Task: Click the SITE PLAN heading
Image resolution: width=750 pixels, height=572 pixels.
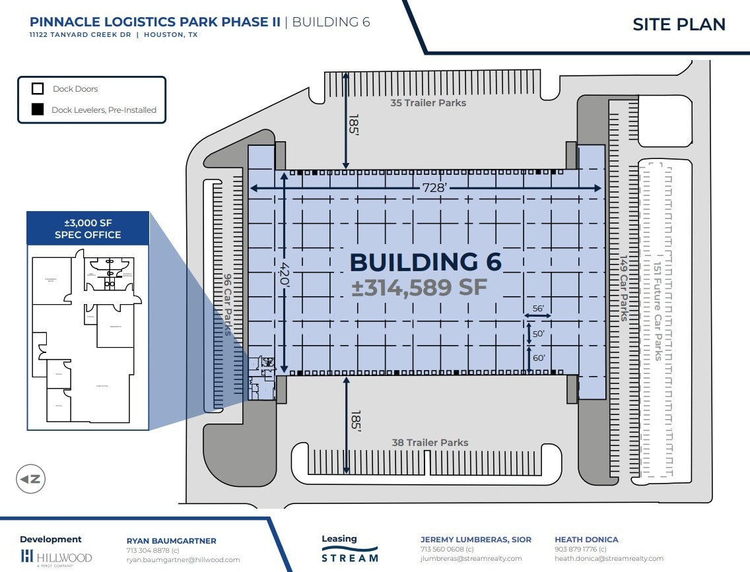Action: (x=679, y=24)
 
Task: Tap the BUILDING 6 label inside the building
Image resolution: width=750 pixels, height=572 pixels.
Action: (x=425, y=262)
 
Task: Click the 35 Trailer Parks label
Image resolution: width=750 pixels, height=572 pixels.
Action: (x=428, y=103)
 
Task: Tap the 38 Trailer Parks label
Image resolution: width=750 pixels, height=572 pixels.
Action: (x=430, y=443)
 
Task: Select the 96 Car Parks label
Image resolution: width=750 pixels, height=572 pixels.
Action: (x=228, y=305)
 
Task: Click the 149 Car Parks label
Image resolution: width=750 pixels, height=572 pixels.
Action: (x=623, y=288)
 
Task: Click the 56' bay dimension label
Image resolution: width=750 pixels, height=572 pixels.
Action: (x=537, y=309)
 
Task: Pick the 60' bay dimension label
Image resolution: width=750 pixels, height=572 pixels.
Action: (x=538, y=358)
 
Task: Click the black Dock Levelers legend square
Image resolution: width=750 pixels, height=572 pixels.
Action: (x=38, y=110)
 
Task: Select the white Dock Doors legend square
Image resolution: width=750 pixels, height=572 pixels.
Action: (x=38, y=88)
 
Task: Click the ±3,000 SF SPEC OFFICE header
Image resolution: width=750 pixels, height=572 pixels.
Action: (x=88, y=228)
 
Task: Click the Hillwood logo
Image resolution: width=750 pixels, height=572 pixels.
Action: (x=56, y=557)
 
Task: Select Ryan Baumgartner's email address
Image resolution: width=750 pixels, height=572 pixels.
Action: (x=183, y=559)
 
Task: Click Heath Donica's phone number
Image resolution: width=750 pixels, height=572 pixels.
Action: (x=580, y=549)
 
